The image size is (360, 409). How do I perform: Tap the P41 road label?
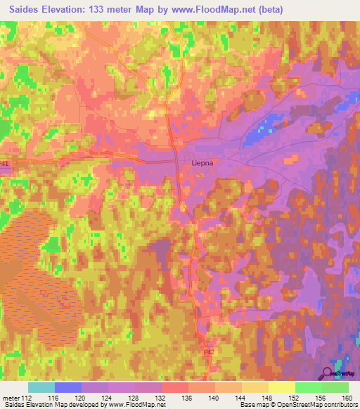6,164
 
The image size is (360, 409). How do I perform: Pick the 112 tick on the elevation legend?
27,397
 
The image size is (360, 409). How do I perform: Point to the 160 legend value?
347,397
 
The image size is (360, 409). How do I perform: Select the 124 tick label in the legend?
108,397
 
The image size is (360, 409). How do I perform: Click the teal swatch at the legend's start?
41,387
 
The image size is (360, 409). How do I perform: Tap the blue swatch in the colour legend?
67,387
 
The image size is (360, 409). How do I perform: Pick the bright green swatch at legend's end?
335,387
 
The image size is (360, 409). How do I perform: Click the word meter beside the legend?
9,397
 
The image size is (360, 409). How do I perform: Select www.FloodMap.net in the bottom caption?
134,405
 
